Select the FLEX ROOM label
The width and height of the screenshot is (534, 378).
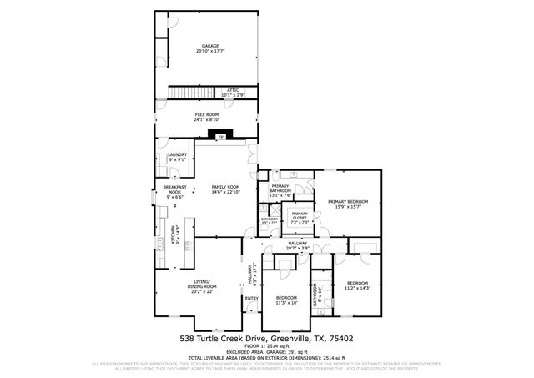pyautogui.click(x=206, y=114)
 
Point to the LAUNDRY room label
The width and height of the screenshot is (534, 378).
pyautogui.click(x=176, y=154)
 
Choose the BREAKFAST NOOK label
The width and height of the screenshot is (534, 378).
pyautogui.click(x=174, y=189)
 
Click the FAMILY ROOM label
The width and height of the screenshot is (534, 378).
pyautogui.click(x=225, y=187)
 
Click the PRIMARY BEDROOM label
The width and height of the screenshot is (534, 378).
pyautogui.click(x=348, y=201)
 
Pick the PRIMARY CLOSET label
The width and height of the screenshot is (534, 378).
pyautogui.click(x=300, y=214)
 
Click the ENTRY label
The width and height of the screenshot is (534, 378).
pyautogui.click(x=252, y=299)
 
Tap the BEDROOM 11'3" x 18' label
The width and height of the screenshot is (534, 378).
pyautogui.click(x=286, y=298)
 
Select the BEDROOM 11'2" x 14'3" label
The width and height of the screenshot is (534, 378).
pyautogui.click(x=357, y=283)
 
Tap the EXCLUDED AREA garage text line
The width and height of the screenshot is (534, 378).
pyautogui.click(x=266, y=352)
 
